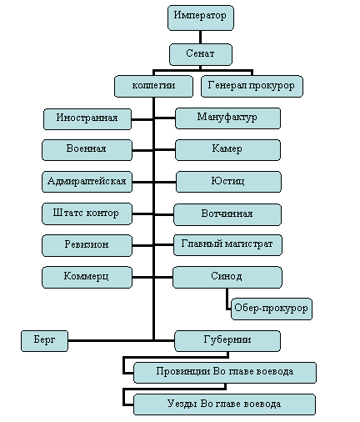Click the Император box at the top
click(x=201, y=18)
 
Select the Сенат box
click(x=201, y=54)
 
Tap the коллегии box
click(x=153, y=86)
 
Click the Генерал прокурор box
click(x=252, y=86)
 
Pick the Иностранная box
click(x=87, y=119)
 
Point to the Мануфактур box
click(x=227, y=118)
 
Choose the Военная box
click(x=87, y=150)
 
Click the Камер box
click(x=227, y=150)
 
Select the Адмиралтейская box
click(x=87, y=182)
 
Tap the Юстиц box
click(x=228, y=182)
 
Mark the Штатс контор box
click(x=87, y=214)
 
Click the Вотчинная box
click(x=227, y=214)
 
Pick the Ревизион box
click(x=87, y=245)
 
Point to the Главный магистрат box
click(x=227, y=245)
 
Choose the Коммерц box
click(x=87, y=277)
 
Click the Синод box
click(x=227, y=277)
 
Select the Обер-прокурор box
click(x=272, y=309)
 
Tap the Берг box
click(x=44, y=341)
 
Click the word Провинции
click(x=183, y=371)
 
